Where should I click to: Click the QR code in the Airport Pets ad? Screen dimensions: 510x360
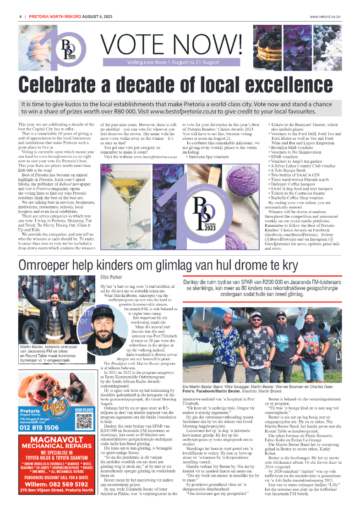pyautogui.click(x=85, y=419)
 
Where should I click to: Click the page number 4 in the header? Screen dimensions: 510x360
pyautogui.click(x=21, y=17)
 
